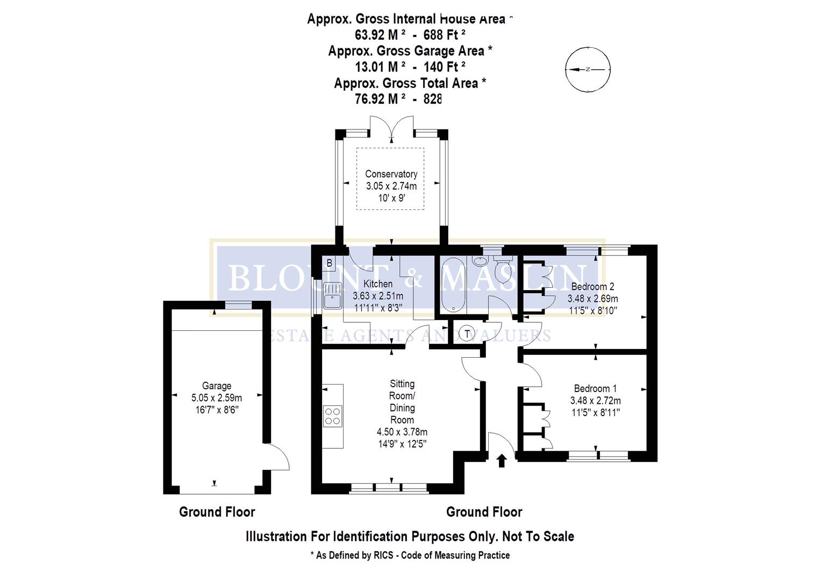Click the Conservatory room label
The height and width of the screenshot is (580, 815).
click(391, 174)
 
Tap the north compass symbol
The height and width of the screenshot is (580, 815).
click(588, 69)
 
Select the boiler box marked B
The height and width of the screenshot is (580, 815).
click(330, 263)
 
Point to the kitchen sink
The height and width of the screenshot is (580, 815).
click(332, 295)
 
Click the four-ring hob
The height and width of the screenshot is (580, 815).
click(333, 416)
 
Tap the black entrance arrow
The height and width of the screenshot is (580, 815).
click(502, 460)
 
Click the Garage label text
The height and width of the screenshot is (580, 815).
click(217, 386)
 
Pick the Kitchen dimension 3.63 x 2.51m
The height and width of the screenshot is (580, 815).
click(378, 296)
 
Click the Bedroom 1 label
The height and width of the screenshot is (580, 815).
click(595, 388)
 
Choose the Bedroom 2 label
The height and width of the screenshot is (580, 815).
click(592, 286)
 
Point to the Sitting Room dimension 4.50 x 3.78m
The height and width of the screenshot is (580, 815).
click(402, 432)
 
